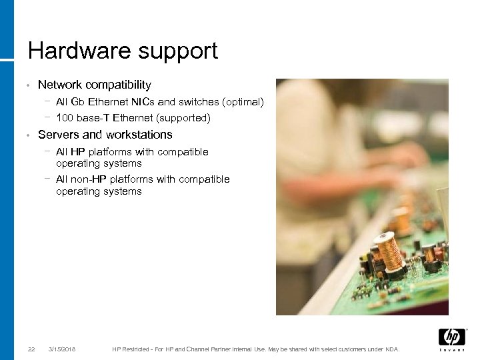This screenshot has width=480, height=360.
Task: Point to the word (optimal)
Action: pyautogui.click(x=244, y=103)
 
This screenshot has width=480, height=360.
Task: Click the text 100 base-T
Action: pyautogui.click(x=83, y=119)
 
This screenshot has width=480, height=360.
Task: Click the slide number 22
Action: pyautogui.click(x=31, y=349)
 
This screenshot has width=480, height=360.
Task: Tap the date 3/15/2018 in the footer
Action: pyautogui.click(x=62, y=349)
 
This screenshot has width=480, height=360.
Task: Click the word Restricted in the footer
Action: pyautogui.click(x=137, y=349)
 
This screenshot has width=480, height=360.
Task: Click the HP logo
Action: pyautogui.click(x=451, y=337)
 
